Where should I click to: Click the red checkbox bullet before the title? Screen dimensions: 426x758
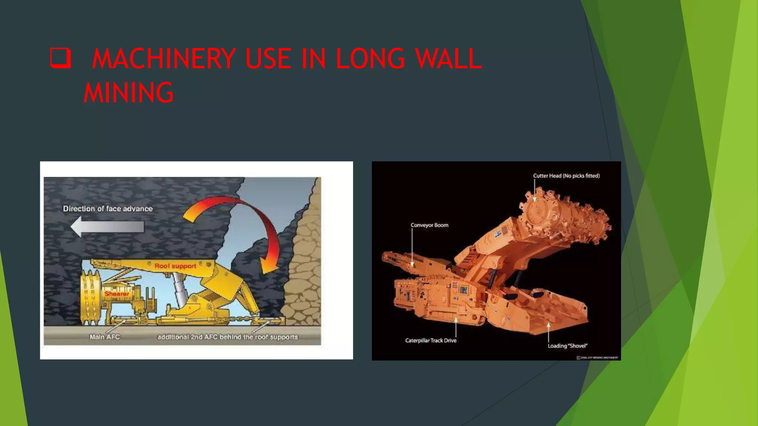coord(60,58)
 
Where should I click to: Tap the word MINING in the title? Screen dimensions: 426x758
coord(128,92)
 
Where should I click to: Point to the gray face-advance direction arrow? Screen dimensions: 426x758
coord(107,226)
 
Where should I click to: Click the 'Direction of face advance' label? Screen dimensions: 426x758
coord(108,209)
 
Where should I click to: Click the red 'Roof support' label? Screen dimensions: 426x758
coord(175,266)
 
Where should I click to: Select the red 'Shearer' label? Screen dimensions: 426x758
coord(117,294)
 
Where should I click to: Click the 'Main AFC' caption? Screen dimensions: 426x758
coord(105,337)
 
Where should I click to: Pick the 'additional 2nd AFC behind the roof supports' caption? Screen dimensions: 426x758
coord(227,337)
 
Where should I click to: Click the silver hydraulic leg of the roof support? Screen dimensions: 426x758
coord(179,288)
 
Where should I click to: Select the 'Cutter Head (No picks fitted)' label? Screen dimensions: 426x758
coord(566,176)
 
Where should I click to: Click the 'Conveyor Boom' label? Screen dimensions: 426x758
coord(429,225)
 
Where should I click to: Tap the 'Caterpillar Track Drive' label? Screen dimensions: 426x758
coord(431,340)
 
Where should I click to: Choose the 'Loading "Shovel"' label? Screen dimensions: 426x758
coord(567,346)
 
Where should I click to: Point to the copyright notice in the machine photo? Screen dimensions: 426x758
coord(597,358)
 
